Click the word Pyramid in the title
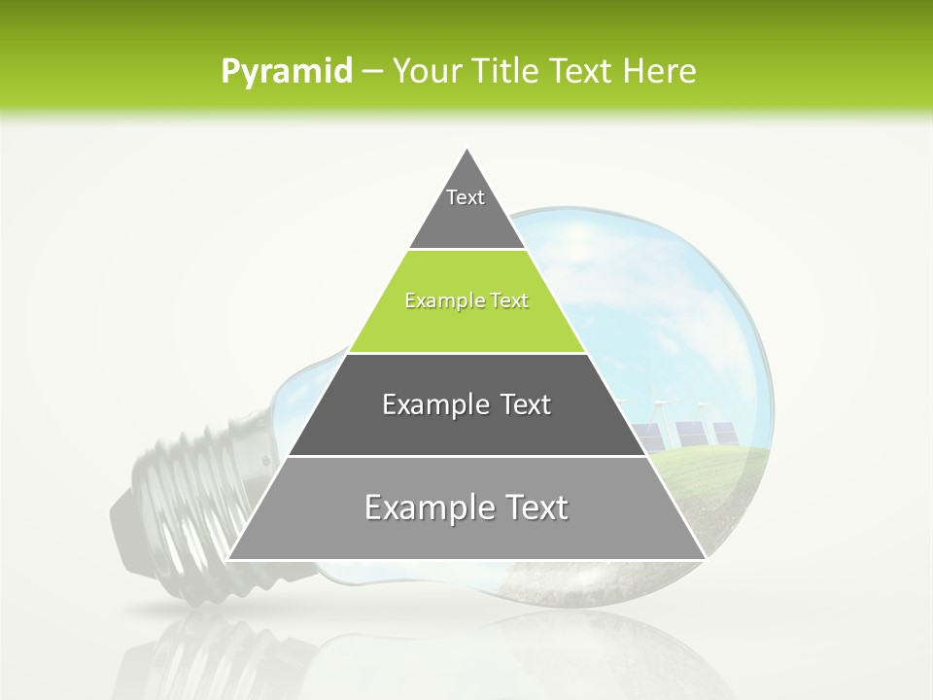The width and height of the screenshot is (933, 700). tap(286, 72)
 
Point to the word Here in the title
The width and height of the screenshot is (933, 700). tap(662, 71)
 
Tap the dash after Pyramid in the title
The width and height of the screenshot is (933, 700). tap(371, 73)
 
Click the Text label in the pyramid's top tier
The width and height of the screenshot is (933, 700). tap(466, 197)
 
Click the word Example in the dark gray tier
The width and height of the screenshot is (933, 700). tap(433, 405)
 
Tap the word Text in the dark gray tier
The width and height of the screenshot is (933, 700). tap(526, 405)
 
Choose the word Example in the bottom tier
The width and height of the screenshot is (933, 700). tap(424, 508)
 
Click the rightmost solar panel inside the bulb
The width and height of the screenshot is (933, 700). tap(724, 433)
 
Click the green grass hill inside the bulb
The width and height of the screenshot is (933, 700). tap(719, 476)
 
